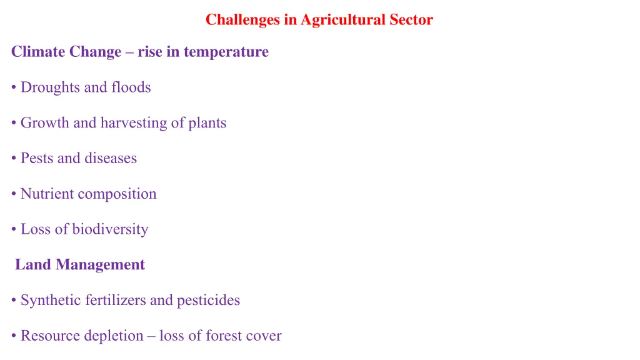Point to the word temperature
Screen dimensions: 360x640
click(x=226, y=52)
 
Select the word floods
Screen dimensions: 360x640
click(x=131, y=87)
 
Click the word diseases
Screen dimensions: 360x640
click(x=113, y=159)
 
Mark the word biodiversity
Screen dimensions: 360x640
click(x=110, y=229)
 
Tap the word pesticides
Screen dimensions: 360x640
click(x=208, y=301)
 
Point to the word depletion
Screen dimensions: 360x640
click(x=114, y=336)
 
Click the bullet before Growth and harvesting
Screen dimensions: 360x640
click(x=14, y=124)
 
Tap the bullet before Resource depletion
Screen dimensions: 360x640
click(x=14, y=337)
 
